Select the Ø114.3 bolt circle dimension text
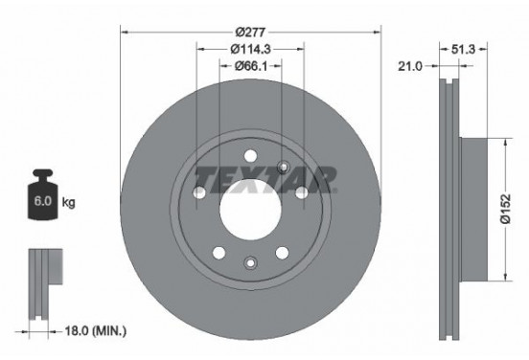[250, 48]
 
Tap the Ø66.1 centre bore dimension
[250, 66]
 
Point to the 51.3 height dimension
[464, 47]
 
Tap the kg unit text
[69, 203]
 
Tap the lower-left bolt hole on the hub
[218, 253]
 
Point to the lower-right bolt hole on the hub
[282, 253]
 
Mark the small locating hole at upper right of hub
[283, 168]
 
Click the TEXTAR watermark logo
[265, 178]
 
